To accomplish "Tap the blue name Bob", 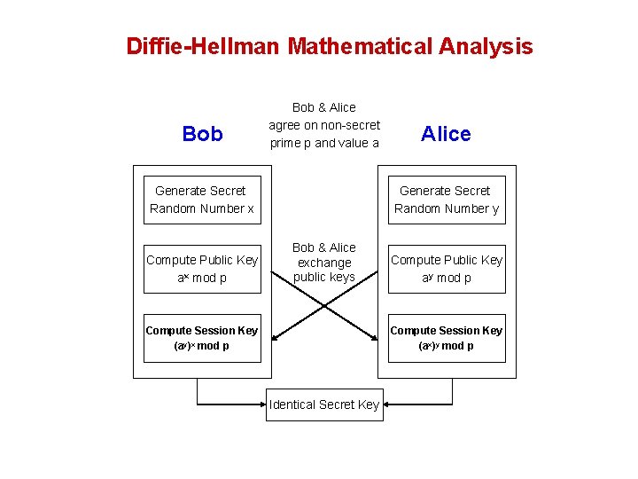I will click(202, 134).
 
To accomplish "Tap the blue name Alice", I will click(446, 134).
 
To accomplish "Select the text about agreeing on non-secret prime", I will click(324, 125).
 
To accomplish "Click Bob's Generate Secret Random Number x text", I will click(201, 200).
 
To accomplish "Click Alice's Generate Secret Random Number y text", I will click(446, 200).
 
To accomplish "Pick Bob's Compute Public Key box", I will click(202, 269).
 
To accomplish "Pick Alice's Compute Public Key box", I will click(447, 269).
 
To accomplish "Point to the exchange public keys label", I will click(324, 263).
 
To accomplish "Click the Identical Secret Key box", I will click(324, 404).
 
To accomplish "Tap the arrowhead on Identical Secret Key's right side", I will click(387, 404).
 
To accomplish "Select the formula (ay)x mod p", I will click(202, 346).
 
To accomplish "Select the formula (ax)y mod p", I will click(447, 346).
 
